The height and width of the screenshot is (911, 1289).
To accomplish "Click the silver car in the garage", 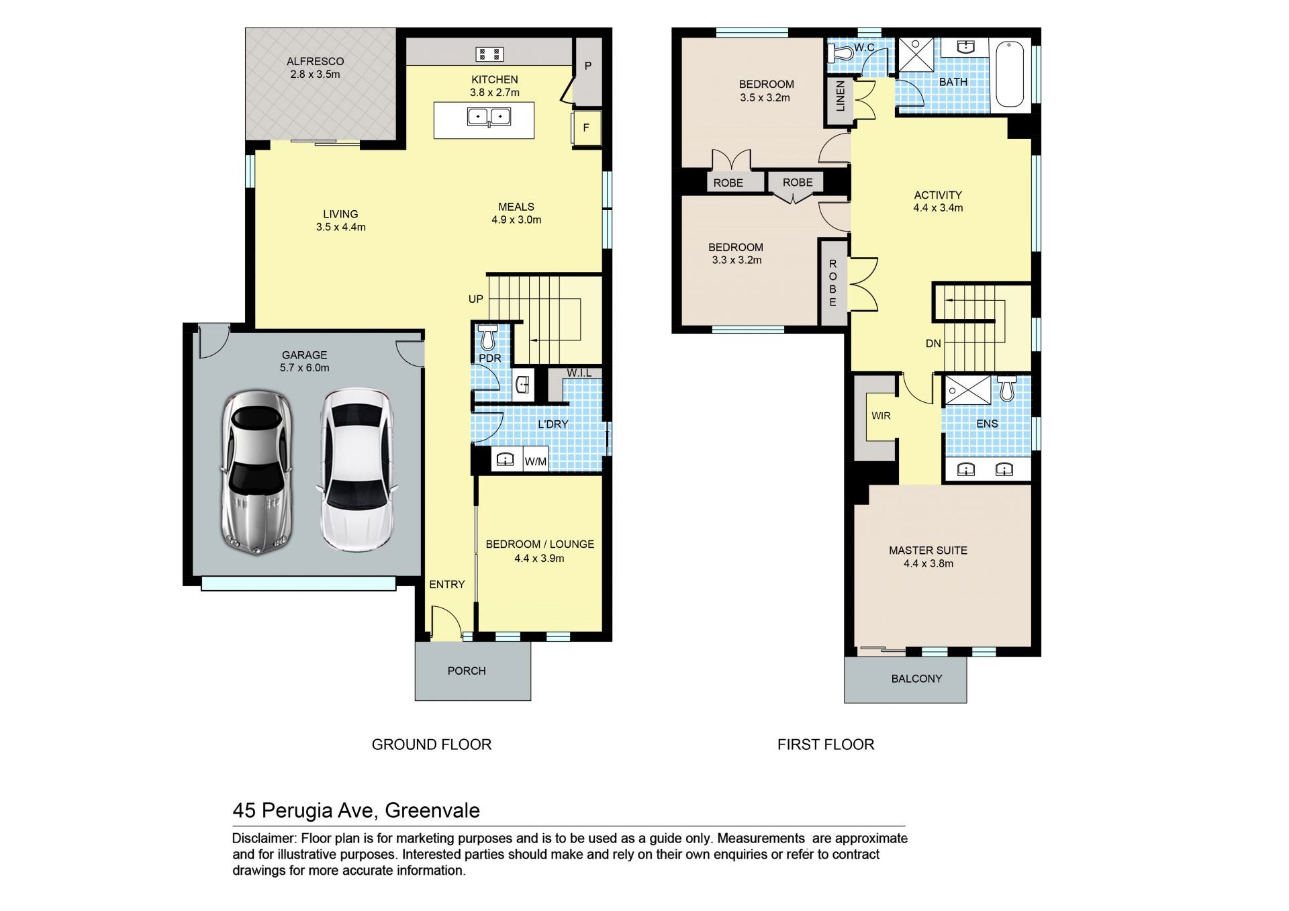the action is click(x=256, y=473).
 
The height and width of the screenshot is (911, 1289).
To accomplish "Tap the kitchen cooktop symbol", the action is click(x=489, y=54).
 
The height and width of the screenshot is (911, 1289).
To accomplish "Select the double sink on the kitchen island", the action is click(x=489, y=117).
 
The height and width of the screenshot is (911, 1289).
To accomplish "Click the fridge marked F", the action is click(x=586, y=128).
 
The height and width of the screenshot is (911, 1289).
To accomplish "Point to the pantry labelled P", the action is click(x=588, y=66).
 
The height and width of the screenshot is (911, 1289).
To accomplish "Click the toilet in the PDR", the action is click(x=487, y=337).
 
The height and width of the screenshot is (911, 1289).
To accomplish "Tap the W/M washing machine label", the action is click(x=535, y=461).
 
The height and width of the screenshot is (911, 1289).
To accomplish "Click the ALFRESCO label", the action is click(x=316, y=61).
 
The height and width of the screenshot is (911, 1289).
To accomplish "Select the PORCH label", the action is click(x=467, y=671).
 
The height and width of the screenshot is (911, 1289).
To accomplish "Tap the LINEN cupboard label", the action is click(x=840, y=95).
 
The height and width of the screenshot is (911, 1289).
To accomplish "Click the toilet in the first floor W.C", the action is click(x=841, y=52).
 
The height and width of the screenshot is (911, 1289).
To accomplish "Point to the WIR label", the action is click(x=881, y=416).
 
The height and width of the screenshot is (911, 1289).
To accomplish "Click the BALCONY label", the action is click(x=916, y=679).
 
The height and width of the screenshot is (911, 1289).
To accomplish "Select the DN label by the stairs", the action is click(x=933, y=344).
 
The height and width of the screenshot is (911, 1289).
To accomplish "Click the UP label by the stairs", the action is click(x=476, y=299).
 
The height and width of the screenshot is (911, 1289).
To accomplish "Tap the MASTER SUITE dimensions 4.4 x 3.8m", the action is click(x=928, y=564).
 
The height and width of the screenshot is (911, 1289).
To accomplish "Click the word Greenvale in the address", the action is click(x=432, y=810).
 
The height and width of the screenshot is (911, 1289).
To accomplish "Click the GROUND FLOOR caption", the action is click(x=432, y=745).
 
